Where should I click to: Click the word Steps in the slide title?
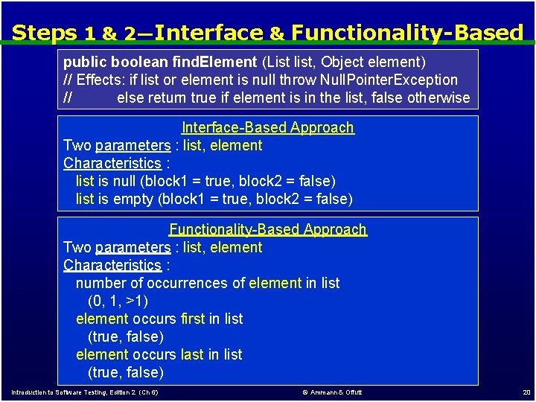tap(45, 33)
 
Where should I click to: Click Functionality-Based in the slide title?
tap(407, 33)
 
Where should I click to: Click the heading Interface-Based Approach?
tap(268, 127)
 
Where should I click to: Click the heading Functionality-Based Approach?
tap(268, 229)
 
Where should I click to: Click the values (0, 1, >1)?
tap(118, 301)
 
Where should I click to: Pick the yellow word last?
tap(191, 354)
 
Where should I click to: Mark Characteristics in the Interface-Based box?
tap(112, 163)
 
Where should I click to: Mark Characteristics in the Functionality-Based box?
tap(112, 265)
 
